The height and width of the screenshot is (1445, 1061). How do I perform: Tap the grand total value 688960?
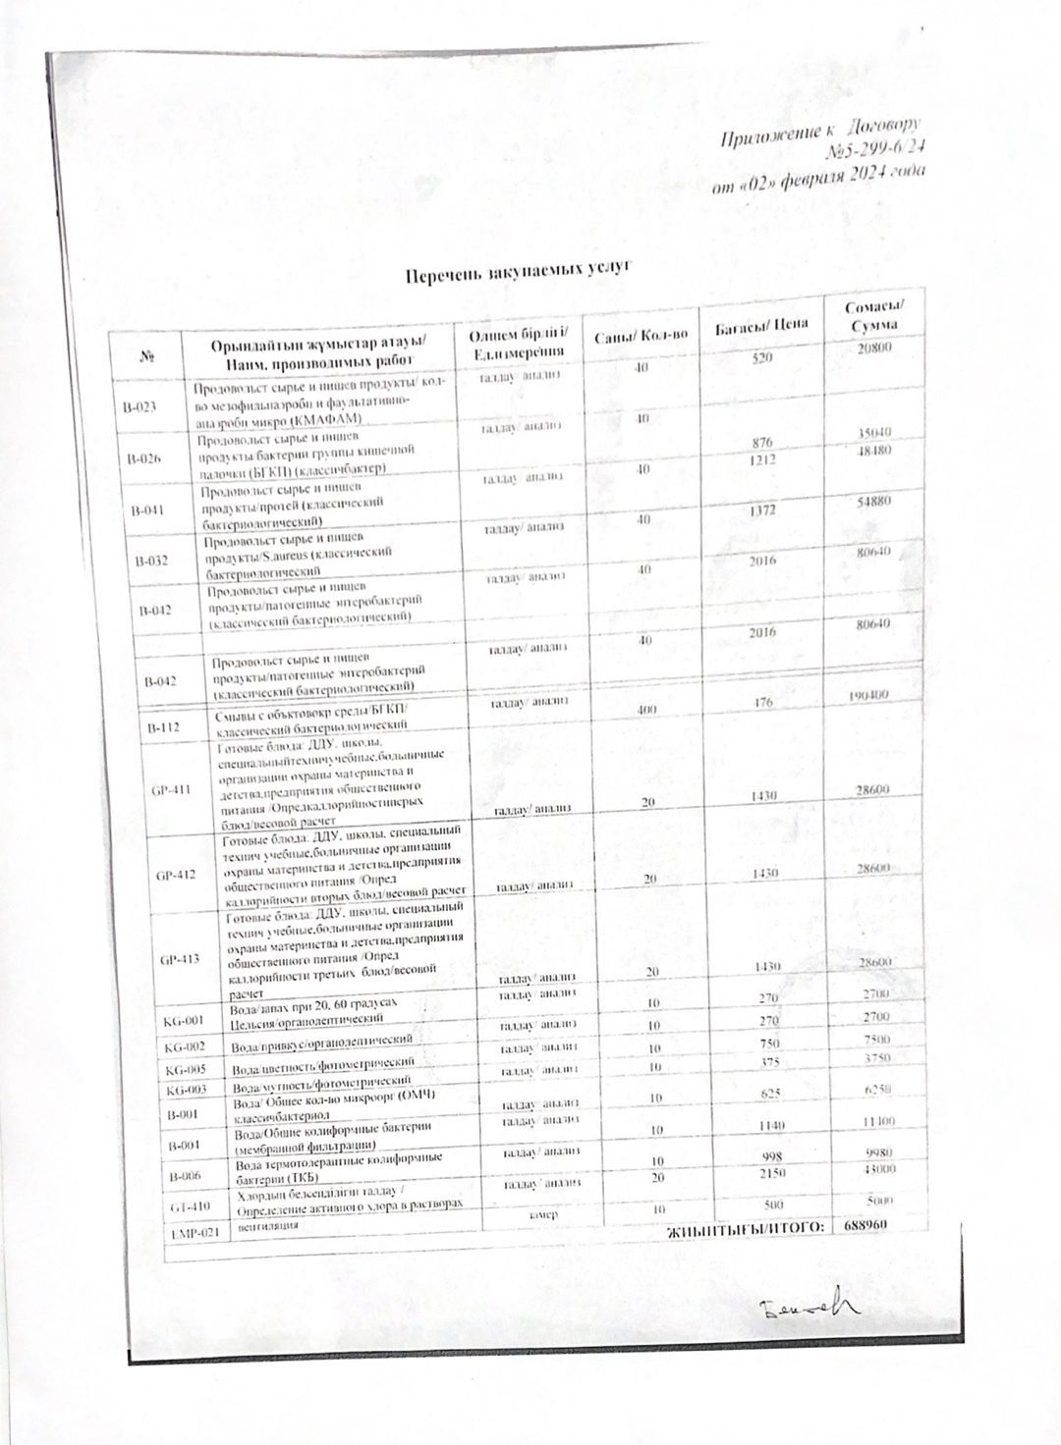click(865, 1227)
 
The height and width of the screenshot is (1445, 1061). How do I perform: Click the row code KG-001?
click(184, 1020)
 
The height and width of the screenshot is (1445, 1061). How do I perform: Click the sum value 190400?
click(867, 695)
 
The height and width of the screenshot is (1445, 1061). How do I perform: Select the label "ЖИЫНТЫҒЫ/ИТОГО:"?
click(745, 1231)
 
